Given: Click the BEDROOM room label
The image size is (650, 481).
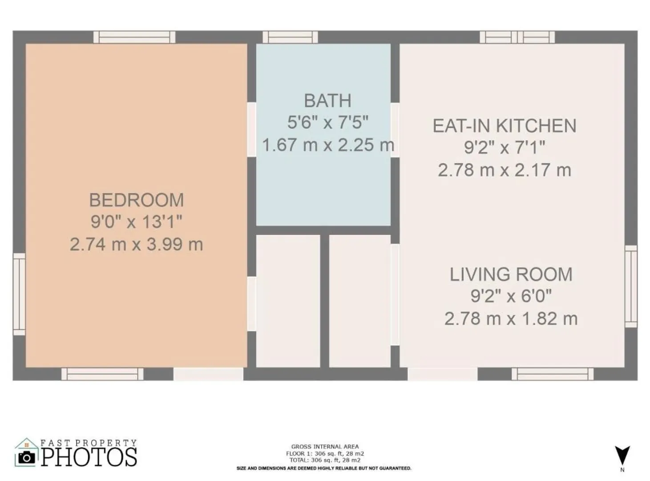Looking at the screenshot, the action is click(136, 200).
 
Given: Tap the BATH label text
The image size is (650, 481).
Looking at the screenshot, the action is click(327, 101).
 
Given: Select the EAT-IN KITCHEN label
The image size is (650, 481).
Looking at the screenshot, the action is click(505, 126).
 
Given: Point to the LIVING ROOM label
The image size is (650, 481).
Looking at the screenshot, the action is click(511, 274).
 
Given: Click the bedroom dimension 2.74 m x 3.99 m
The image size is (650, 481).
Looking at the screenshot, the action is click(136, 244).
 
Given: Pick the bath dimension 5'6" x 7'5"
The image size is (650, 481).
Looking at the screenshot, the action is click(327, 122).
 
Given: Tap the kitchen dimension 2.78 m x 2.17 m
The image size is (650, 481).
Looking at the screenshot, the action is click(505, 170).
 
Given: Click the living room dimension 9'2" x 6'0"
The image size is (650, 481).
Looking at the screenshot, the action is click(511, 296).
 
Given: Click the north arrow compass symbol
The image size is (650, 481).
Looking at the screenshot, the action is click(622, 455).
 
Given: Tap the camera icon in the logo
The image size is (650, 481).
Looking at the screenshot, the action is click(26, 457).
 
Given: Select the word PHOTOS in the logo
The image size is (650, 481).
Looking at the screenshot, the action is click(89, 457).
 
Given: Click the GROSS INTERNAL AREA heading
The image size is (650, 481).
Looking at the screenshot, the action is click(325, 447).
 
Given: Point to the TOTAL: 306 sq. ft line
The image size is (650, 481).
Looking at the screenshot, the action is click(325, 461).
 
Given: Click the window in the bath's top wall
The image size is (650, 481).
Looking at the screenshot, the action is click(290, 37).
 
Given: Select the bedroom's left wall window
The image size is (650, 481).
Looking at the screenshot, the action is click(19, 294).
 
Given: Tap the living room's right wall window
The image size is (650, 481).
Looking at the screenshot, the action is click(631, 286).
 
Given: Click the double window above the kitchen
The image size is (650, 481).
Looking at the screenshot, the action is click(517, 37).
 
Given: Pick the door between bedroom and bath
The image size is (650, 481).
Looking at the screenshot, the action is click(251, 130).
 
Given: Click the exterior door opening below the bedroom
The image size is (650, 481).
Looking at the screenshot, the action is click(208, 374).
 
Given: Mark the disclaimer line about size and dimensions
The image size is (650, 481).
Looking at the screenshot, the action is click(324, 469).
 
